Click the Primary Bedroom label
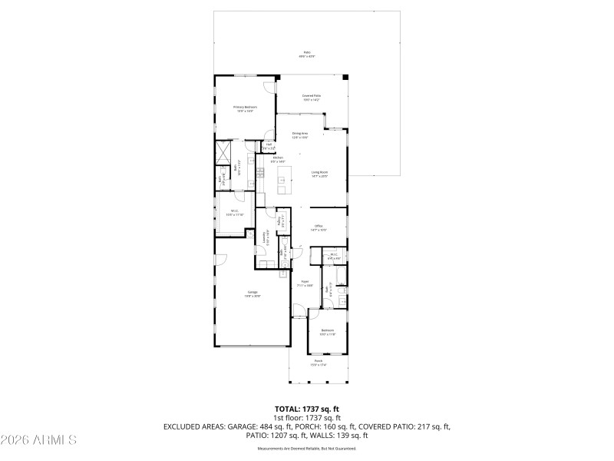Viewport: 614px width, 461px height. [245, 108]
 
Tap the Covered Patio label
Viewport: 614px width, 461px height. [311, 98]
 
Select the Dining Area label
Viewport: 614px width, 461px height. [299, 135]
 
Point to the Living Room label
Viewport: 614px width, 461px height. [319, 174]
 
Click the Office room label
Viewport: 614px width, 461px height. [319, 227]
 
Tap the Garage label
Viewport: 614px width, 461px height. [253, 294]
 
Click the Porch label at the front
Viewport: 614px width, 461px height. [318, 362]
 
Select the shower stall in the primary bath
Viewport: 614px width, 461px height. [224, 151]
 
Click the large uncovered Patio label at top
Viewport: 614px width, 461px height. [307, 54]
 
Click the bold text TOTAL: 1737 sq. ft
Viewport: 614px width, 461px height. [307, 409]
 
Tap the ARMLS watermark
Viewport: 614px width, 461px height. [38, 440]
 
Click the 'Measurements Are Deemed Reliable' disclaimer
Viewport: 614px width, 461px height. [307, 448]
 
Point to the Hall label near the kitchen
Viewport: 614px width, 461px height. [269, 146]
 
